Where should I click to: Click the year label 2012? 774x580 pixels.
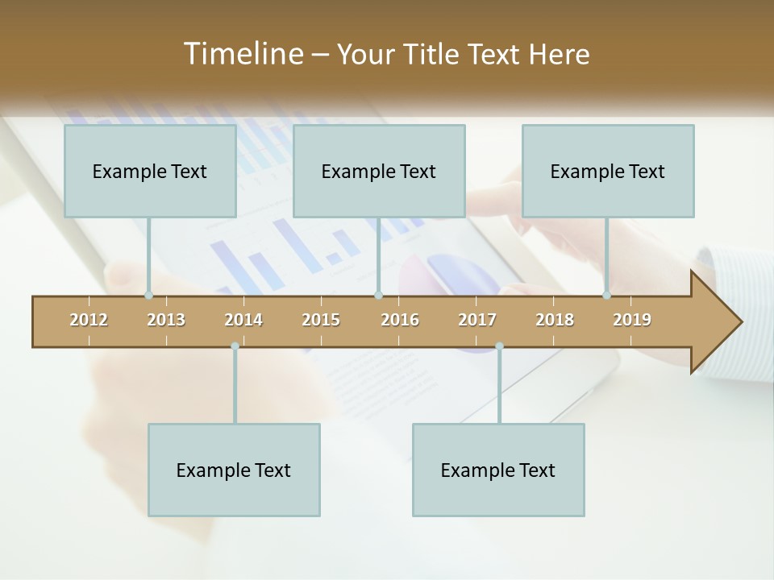pyautogui.click(x=89, y=320)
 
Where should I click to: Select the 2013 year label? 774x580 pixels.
pyautogui.click(x=166, y=320)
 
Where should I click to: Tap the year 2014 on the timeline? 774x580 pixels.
pyautogui.click(x=243, y=320)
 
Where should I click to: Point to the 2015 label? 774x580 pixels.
pyautogui.click(x=321, y=320)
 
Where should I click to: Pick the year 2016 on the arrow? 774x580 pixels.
pyautogui.click(x=400, y=320)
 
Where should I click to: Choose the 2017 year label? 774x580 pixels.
pyautogui.click(x=477, y=320)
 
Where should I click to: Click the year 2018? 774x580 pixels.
pyautogui.click(x=555, y=320)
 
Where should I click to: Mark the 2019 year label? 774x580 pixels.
pyautogui.click(x=632, y=320)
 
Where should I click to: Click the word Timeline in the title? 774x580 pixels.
pyautogui.click(x=242, y=54)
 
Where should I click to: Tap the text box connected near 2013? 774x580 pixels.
pyautogui.click(x=150, y=171)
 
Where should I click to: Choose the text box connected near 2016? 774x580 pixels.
pyautogui.click(x=379, y=171)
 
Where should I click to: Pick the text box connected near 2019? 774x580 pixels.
pyautogui.click(x=608, y=171)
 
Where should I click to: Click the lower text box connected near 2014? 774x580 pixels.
pyautogui.click(x=234, y=470)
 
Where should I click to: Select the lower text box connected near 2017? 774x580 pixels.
pyautogui.click(x=498, y=470)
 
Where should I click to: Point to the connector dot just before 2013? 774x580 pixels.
pyautogui.click(x=148, y=296)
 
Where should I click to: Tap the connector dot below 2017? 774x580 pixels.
pyautogui.click(x=499, y=346)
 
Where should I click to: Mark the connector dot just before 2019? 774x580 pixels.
pyautogui.click(x=606, y=296)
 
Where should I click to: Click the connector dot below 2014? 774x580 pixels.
pyautogui.click(x=235, y=346)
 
